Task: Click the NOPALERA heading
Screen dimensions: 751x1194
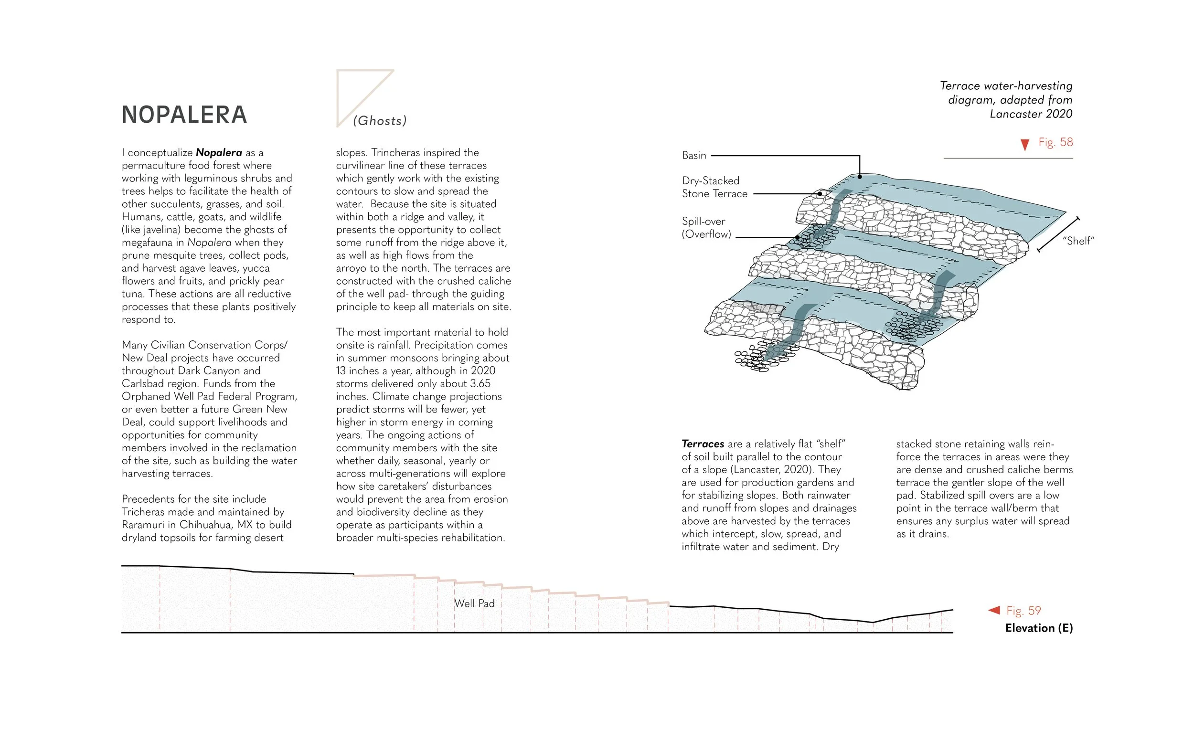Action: [x=184, y=115]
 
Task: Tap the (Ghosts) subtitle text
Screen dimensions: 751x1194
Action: [x=380, y=120]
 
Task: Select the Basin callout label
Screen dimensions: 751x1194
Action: [x=693, y=156]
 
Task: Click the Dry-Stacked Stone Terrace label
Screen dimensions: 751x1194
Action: [x=714, y=187]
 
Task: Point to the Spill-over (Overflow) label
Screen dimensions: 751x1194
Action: [x=705, y=228]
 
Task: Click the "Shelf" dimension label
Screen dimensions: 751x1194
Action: [x=1078, y=241]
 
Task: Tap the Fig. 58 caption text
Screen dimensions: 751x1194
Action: [x=1055, y=142]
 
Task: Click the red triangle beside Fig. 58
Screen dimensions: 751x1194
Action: [x=1025, y=145]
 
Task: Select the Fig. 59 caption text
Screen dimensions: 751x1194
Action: [x=1023, y=611]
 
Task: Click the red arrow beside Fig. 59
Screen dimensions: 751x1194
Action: [x=994, y=610]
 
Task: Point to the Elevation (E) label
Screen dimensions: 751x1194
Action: [x=1039, y=628]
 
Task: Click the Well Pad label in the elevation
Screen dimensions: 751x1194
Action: [x=475, y=603]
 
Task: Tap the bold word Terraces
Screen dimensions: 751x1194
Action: [x=703, y=444]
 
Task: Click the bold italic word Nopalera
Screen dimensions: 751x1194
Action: [x=219, y=153]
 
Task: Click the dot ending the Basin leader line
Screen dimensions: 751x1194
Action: [x=860, y=176]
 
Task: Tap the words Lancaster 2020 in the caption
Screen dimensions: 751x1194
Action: [x=1031, y=114]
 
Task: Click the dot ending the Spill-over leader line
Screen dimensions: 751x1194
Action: [x=797, y=238]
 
